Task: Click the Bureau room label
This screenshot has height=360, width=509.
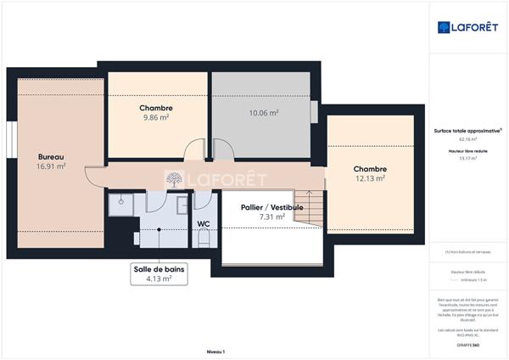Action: (x=51, y=156)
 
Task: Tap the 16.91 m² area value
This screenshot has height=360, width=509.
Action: (x=51, y=166)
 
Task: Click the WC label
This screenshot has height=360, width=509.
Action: (x=204, y=224)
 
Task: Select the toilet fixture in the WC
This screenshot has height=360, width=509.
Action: (x=204, y=240)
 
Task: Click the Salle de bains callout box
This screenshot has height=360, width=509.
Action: (x=159, y=273)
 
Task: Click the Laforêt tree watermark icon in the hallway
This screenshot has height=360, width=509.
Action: (x=173, y=179)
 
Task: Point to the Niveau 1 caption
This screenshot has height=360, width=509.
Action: (x=215, y=351)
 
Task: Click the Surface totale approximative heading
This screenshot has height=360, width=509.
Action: (x=467, y=130)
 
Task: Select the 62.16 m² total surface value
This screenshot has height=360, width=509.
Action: (x=467, y=138)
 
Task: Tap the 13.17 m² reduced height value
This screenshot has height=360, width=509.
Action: (x=467, y=157)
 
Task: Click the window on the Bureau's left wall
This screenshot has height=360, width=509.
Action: (x=12, y=140)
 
